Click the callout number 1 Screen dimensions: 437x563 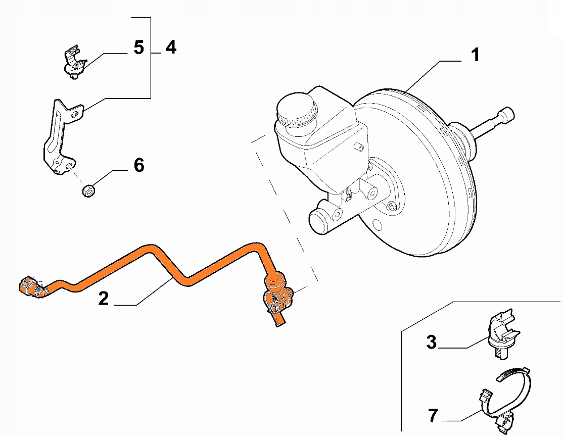(475, 55)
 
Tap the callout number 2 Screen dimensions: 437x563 (103, 298)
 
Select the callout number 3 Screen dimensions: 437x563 (431, 342)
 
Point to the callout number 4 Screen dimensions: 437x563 (171, 47)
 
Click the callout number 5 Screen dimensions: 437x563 (138, 47)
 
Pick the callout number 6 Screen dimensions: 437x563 (138, 165)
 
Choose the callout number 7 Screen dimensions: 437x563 (433, 415)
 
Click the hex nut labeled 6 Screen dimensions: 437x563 (88, 191)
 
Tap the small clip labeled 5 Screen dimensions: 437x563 (73, 63)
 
